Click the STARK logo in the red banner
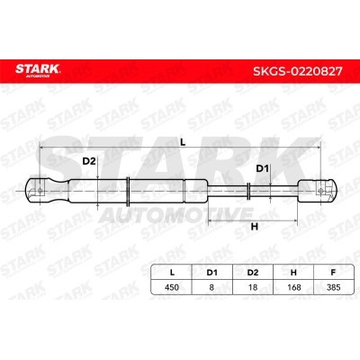click(38, 70)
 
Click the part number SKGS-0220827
click(298, 71)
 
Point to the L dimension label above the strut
click(183, 142)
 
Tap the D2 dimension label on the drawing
click(89, 161)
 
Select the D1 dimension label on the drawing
click(262, 168)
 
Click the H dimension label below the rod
click(255, 227)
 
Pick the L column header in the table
click(172, 273)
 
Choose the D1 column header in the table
click(211, 273)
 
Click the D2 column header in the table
click(253, 273)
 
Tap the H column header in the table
click(293, 273)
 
